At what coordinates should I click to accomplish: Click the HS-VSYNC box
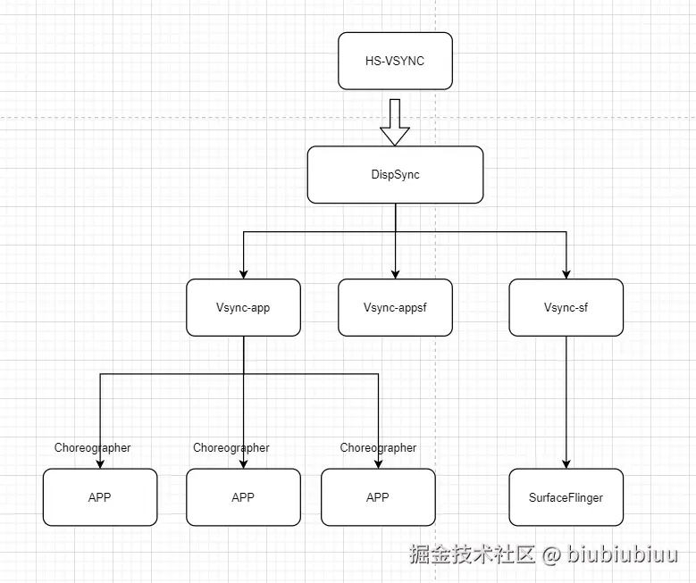395,61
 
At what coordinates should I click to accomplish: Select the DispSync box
395,174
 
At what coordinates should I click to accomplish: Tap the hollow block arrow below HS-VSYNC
395,123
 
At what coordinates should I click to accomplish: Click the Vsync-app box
243,307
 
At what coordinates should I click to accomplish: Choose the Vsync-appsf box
395,307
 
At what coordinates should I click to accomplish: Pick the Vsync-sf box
566,307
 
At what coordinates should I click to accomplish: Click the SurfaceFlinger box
566,496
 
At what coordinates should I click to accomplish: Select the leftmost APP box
99,496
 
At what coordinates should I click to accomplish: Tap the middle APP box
243,496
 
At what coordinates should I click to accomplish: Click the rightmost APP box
378,496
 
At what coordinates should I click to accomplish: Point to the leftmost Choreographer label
92,447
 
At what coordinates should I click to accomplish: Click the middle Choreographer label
231,447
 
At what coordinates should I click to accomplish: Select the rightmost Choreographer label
378,447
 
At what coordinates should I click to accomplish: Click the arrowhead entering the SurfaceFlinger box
566,463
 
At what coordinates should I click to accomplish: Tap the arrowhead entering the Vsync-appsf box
395,274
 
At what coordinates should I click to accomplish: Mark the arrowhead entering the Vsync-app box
243,274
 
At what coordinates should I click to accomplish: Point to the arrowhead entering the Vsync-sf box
566,274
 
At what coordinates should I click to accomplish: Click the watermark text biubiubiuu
623,555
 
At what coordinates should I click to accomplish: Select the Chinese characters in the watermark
472,555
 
